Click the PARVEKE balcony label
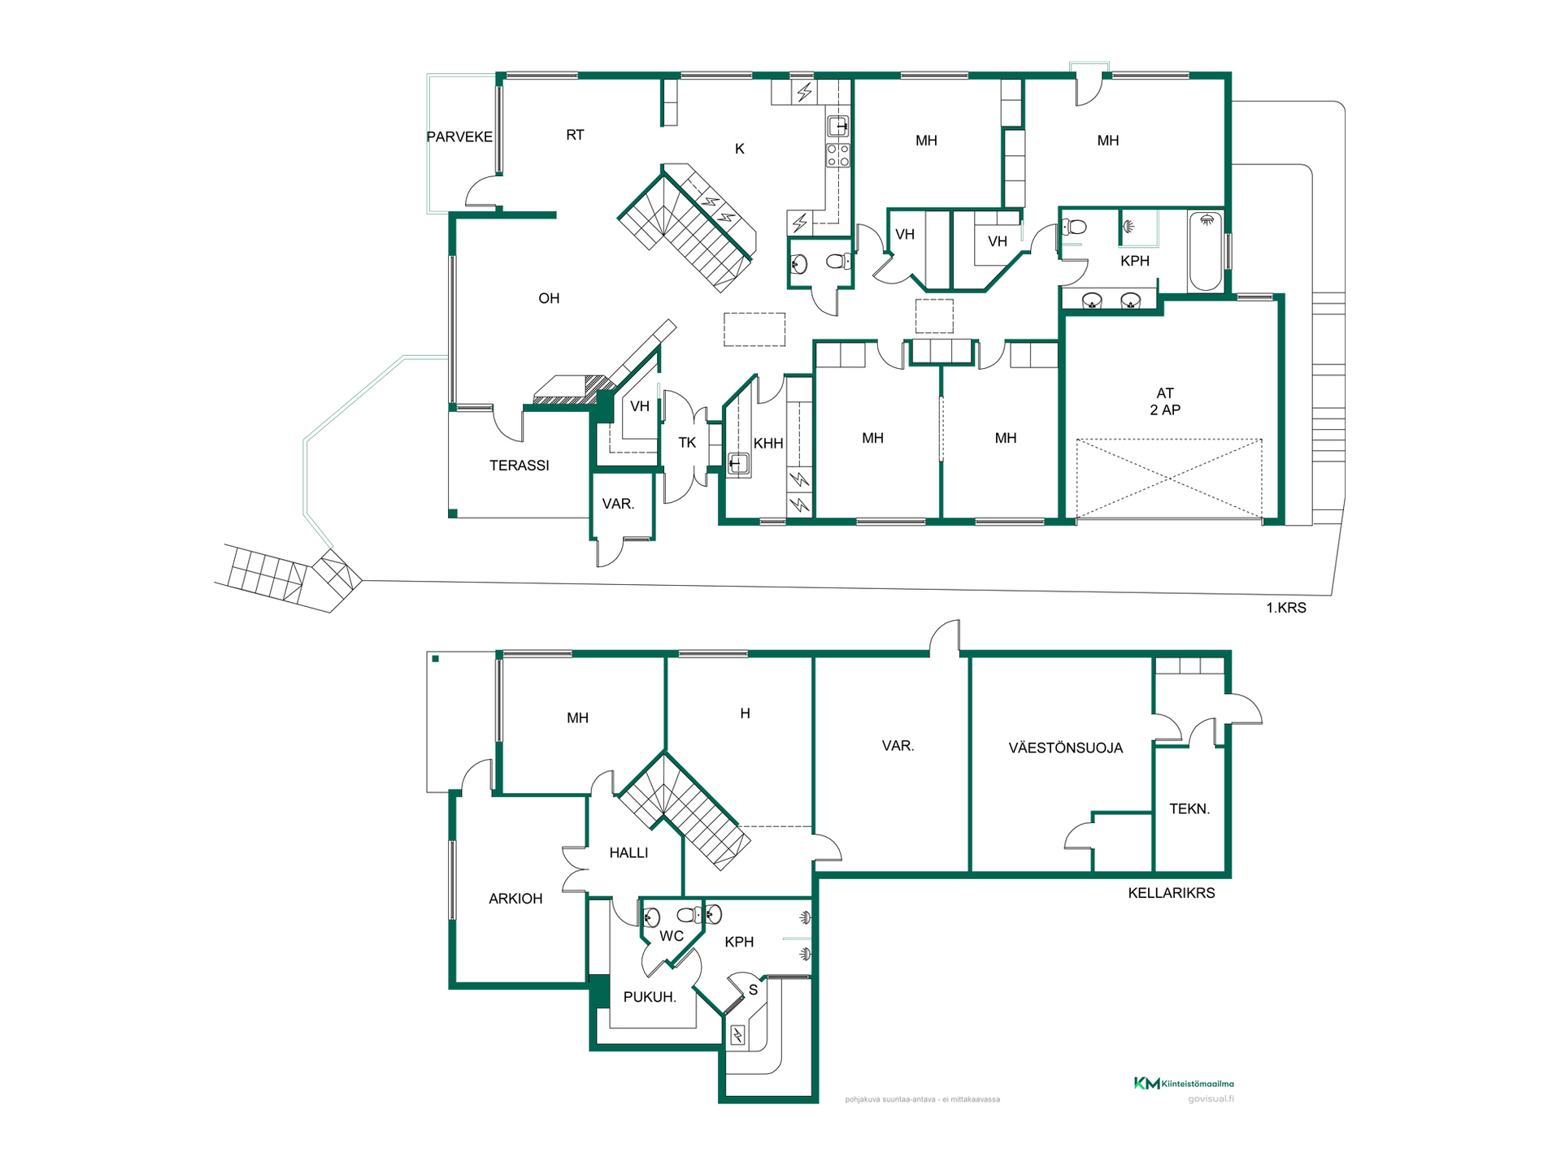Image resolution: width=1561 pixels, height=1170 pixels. tap(459, 136)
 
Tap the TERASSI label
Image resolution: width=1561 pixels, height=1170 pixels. tap(520, 466)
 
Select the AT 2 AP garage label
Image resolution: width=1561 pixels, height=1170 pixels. tap(1165, 401)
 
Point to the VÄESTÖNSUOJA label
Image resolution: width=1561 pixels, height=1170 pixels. tap(1066, 748)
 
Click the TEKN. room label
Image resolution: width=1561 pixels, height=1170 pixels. tap(1189, 808)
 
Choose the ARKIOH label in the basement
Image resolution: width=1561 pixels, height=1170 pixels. tap(515, 899)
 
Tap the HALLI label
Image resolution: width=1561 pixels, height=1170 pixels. tap(628, 853)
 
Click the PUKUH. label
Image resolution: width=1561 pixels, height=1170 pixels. tap(650, 997)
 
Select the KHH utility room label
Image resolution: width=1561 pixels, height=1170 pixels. tap(768, 444)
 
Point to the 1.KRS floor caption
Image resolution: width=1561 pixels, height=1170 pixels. tap(1286, 608)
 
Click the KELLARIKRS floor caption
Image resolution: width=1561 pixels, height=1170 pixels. tap(1172, 893)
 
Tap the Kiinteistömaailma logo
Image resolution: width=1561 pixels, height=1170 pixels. tap(1185, 1083)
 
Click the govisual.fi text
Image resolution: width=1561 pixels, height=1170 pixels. tap(1211, 1099)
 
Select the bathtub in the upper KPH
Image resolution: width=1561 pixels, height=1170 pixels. tap(1206, 251)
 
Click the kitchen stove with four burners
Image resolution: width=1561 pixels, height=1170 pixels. tap(838, 155)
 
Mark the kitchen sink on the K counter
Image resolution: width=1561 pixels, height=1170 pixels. tap(838, 127)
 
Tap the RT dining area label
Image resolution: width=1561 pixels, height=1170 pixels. tap(575, 135)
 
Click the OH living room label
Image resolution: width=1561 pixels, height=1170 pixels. tap(549, 298)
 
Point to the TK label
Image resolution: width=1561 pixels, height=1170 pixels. tap(687, 443)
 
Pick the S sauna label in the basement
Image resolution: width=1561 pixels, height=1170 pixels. tap(753, 990)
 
